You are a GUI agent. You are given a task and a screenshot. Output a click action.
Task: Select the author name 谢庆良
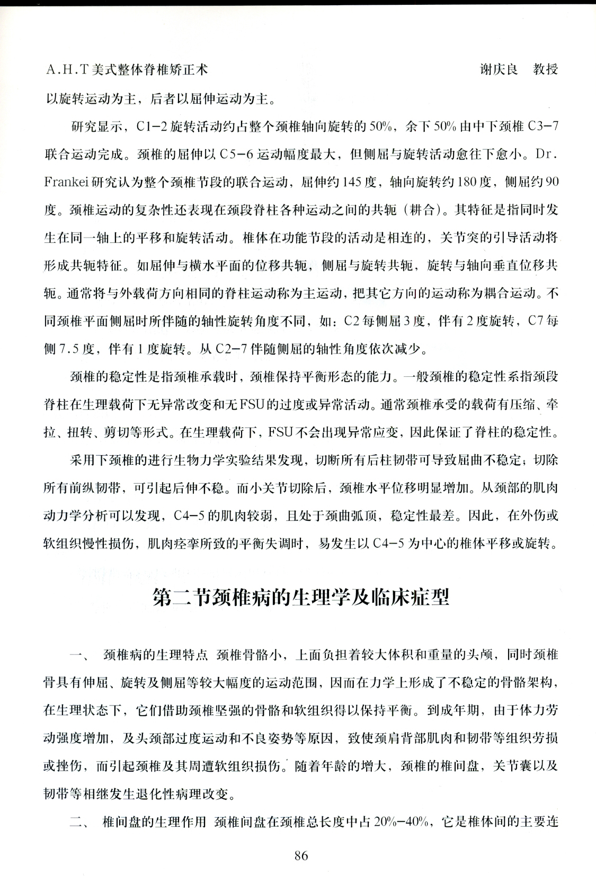pyautogui.click(x=499, y=69)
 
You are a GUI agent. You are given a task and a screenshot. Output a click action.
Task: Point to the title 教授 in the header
pyautogui.click(x=545, y=69)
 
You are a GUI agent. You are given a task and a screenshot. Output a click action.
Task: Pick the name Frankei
pyautogui.click(x=66, y=182)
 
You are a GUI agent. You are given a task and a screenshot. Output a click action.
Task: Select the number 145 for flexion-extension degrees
pyautogui.click(x=351, y=182)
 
